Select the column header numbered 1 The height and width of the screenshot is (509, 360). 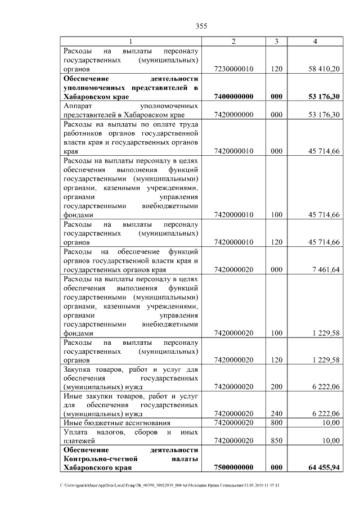click(x=131, y=42)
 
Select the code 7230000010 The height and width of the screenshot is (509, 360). click(x=235, y=69)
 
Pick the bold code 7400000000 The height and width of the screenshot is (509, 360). click(x=235, y=96)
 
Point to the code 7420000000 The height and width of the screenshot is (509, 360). click(x=235, y=115)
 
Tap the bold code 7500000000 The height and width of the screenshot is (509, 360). click(x=235, y=467)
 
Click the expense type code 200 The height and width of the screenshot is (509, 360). click(x=276, y=387)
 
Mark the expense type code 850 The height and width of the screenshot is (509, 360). click(x=276, y=441)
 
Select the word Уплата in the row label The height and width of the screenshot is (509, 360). click(x=76, y=432)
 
